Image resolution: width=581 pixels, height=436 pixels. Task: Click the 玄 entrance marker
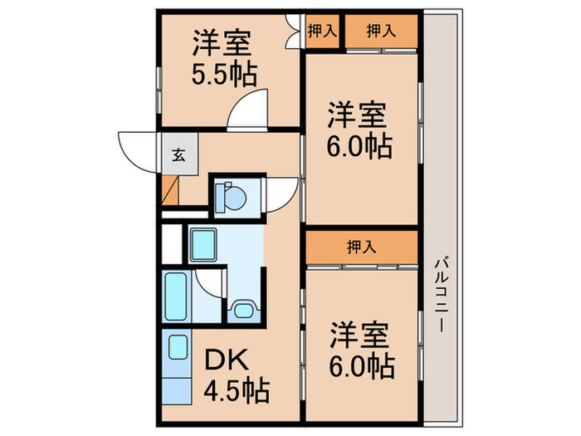tap(178, 154)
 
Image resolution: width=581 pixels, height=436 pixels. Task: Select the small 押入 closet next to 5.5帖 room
tap(322, 32)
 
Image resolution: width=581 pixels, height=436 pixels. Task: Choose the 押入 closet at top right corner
tap(381, 32)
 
